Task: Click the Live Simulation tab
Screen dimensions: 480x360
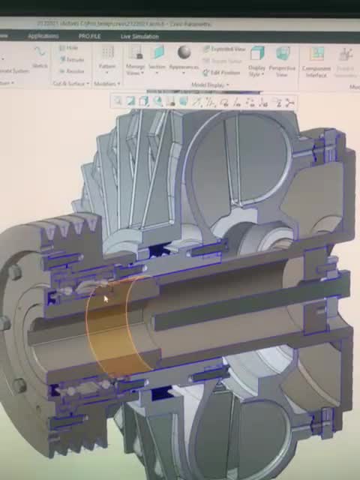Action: (139, 36)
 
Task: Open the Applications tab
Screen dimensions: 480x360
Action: (43, 35)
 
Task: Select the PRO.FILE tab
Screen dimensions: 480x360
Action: (90, 36)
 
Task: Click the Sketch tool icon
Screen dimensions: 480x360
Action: (39, 53)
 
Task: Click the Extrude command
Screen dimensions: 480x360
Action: (73, 59)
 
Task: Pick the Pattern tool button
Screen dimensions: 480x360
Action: (107, 56)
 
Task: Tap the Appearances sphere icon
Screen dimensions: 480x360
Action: (184, 52)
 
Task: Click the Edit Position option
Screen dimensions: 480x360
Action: (222, 73)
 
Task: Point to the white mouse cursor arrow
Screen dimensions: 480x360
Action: (106, 299)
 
